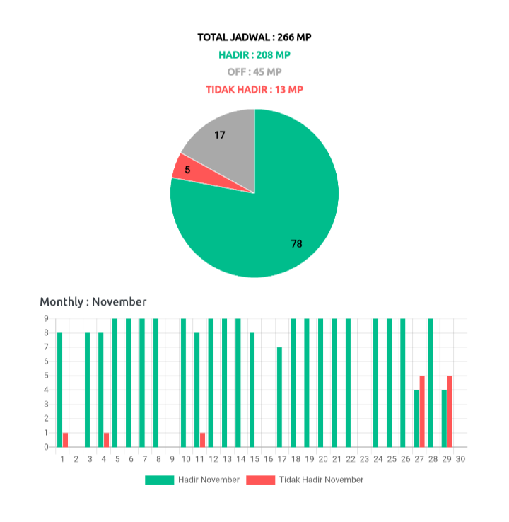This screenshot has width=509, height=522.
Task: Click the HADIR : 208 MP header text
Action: point(255,54)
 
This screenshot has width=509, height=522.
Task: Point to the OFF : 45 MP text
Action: point(255,72)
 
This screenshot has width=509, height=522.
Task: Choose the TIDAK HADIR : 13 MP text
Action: point(255,90)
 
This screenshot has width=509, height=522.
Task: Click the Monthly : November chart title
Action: point(93,302)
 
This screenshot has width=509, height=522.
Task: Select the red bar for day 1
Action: point(65,439)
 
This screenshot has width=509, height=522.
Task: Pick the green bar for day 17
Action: point(279,396)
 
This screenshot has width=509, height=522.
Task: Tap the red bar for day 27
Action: point(422,411)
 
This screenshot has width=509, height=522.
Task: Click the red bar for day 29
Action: point(450,411)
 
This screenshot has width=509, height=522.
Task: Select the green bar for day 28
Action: point(430,382)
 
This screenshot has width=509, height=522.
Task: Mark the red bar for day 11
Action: point(203,439)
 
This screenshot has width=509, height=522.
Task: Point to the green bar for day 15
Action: point(252,389)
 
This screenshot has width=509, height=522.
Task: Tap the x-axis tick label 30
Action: point(460,459)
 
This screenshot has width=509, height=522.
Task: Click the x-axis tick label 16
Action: point(268,459)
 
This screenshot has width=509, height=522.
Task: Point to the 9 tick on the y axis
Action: point(46,318)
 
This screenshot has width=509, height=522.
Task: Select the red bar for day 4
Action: point(107,439)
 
